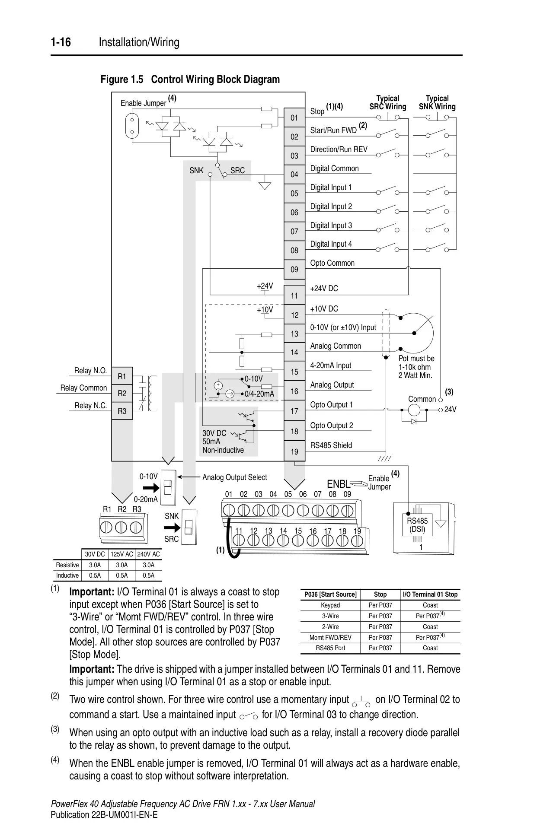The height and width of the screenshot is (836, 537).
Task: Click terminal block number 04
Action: pos(294,174)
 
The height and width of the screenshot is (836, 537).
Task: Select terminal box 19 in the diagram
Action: pos(294,451)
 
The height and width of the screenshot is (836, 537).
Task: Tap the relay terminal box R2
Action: pos(122,393)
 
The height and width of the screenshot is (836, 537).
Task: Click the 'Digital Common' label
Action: pos(335,168)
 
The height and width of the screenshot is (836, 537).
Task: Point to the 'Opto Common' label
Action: pos(332,263)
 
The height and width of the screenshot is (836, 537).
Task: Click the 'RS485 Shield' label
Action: pos(331,445)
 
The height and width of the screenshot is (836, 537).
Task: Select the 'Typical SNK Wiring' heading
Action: pos(437,102)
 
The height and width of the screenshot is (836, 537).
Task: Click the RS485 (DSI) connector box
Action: pos(417,525)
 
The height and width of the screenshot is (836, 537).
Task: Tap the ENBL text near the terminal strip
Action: pos(339,484)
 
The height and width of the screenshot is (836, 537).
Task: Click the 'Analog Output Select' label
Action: pos(235,477)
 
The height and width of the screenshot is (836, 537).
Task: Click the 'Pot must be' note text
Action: pos(416,359)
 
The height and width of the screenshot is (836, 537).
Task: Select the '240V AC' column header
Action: pos(148,554)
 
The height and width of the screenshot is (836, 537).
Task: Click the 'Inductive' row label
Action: pos(67,575)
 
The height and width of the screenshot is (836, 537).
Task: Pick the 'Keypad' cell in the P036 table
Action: pos(330,605)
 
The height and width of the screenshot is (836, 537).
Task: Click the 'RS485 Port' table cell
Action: pos(330,648)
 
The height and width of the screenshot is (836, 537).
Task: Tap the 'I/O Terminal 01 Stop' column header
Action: pos(430,594)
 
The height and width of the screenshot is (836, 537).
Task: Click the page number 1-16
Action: pos(61,42)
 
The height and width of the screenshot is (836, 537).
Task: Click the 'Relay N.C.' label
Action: pos(91,406)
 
